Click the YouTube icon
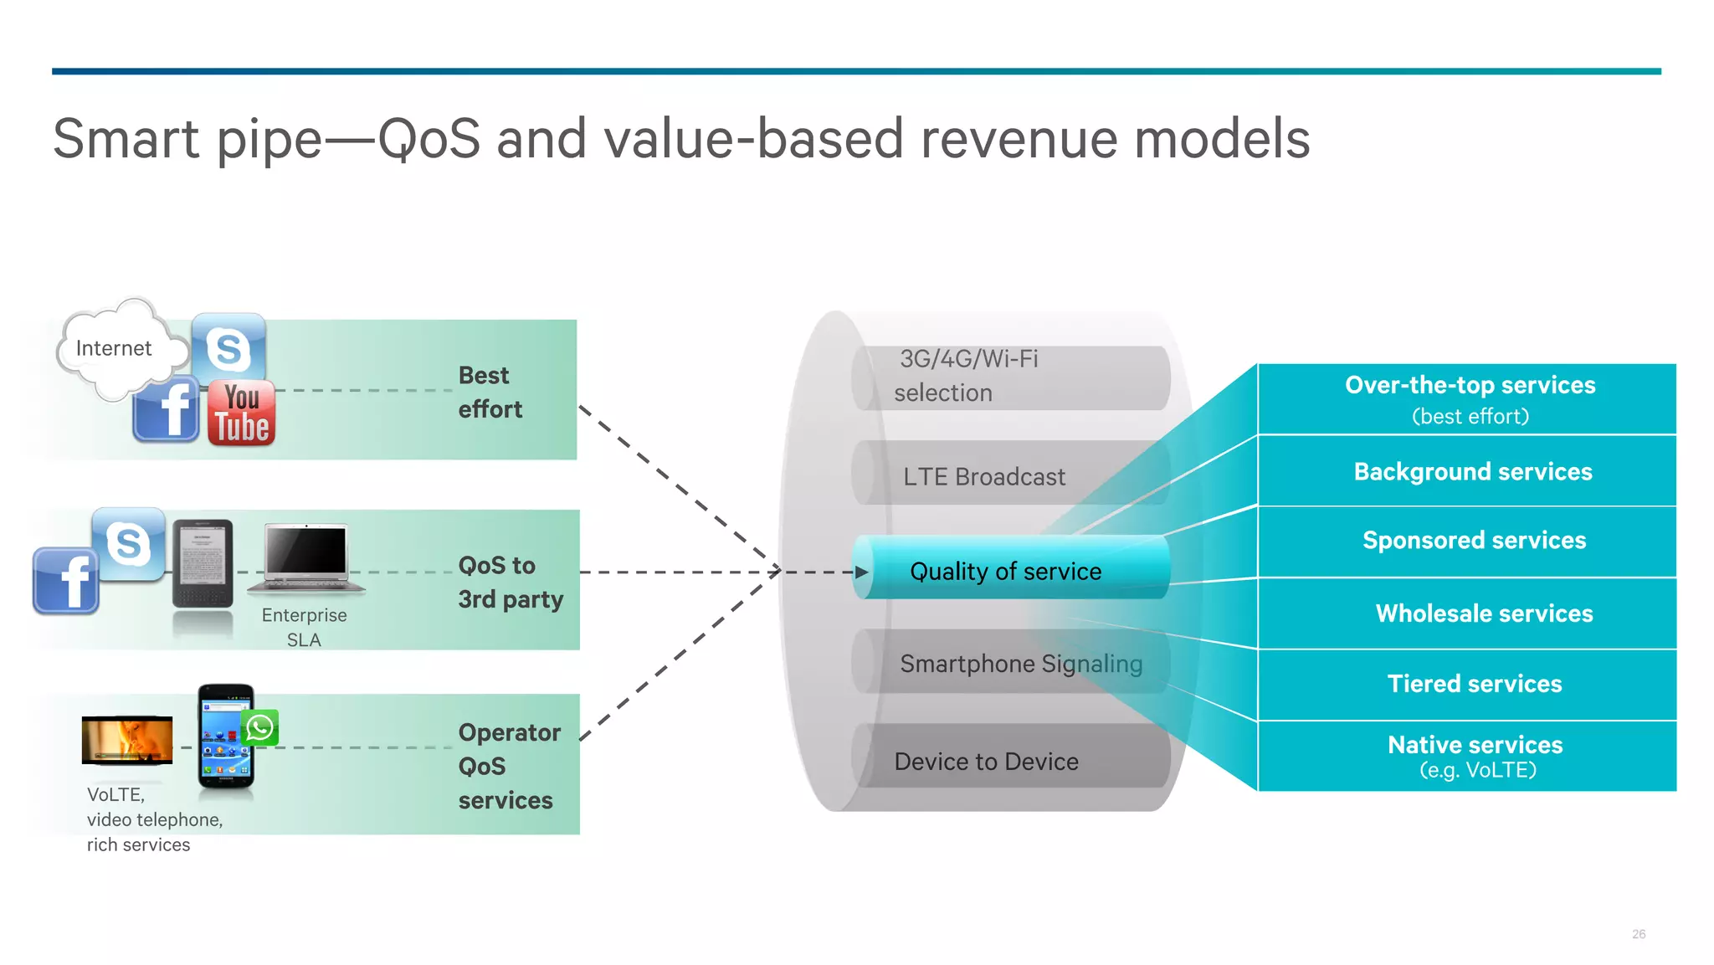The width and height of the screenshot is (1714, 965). pyautogui.click(x=241, y=413)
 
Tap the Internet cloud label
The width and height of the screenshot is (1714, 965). pyautogui.click(x=114, y=348)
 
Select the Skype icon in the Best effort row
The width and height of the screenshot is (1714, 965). pyautogui.click(x=228, y=348)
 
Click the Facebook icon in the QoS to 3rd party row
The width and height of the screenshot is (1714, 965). pyautogui.click(x=66, y=581)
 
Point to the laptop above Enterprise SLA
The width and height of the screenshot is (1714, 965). pyautogui.click(x=306, y=557)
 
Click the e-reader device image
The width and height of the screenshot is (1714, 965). pyautogui.click(x=203, y=562)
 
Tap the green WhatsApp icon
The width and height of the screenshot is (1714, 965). pyautogui.click(x=260, y=727)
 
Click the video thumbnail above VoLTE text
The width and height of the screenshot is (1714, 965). pyautogui.click(x=127, y=740)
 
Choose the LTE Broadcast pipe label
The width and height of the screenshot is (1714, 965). pyautogui.click(x=984, y=477)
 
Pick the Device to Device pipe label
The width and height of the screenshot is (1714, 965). pyautogui.click(x=986, y=762)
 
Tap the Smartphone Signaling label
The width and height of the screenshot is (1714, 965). pyautogui.click(x=1021, y=664)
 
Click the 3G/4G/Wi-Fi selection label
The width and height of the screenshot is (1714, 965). pyautogui.click(x=967, y=376)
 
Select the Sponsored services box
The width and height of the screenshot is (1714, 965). pyautogui.click(x=1473, y=541)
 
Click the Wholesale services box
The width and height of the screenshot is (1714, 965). pyautogui.click(x=1483, y=613)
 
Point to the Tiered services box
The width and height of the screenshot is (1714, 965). pyautogui.click(x=1474, y=684)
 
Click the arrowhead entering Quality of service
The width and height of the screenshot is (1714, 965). pyautogui.click(x=861, y=572)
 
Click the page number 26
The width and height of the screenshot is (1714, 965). pyautogui.click(x=1638, y=934)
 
